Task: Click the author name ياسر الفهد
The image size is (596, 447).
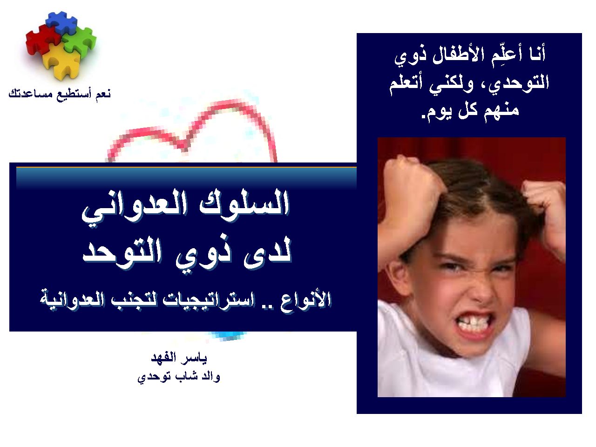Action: (179, 358)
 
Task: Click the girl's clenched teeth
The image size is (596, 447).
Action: (474, 325)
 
